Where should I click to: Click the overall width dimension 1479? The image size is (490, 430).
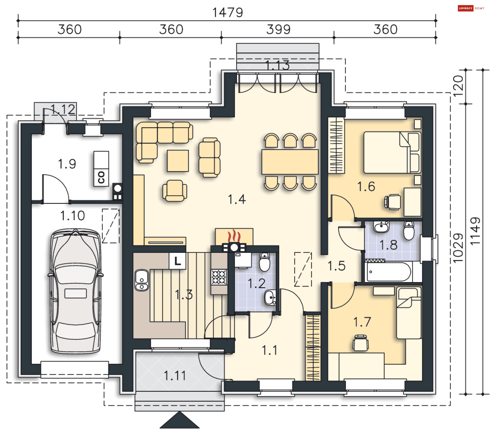228,12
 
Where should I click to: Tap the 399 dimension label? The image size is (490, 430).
278,29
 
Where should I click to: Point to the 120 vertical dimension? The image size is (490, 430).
458,86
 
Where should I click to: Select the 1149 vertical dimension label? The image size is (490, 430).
475,231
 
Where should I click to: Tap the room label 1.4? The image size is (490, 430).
237,199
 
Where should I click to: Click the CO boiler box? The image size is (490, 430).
101,169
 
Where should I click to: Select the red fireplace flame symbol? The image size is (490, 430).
234,236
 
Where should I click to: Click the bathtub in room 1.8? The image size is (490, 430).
388,272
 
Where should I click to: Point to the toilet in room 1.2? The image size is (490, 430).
265,262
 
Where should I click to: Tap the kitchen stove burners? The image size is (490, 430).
219,277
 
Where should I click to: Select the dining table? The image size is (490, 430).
290,162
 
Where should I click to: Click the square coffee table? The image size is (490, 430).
178,161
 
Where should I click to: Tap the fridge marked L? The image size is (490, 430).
177,261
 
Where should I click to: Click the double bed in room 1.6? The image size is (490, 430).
392,152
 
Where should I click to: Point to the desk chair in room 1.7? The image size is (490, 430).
360,343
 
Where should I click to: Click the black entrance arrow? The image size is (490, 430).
180,420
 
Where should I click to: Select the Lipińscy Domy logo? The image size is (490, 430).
471,8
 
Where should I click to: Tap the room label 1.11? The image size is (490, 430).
175,376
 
